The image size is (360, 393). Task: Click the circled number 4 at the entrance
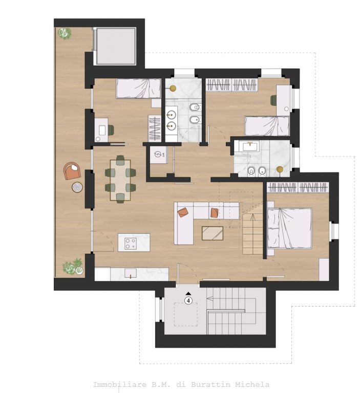click(x=188, y=300)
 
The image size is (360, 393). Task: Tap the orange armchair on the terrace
click(x=72, y=171)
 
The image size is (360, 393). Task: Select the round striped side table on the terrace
click(x=77, y=187)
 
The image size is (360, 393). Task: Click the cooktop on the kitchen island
click(x=131, y=244)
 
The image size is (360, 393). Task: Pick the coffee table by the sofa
click(x=213, y=233)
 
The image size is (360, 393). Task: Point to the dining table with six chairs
click(x=120, y=180)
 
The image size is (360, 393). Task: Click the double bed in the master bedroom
click(x=289, y=228)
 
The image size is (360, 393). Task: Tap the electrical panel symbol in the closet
click(x=158, y=154)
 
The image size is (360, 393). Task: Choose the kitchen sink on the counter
click(x=131, y=273)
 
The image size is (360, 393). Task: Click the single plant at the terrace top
click(x=65, y=33)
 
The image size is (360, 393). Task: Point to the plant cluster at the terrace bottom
click(x=73, y=266)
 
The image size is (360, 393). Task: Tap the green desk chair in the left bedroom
click(x=111, y=130)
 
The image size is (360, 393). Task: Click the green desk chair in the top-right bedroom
click(x=273, y=100)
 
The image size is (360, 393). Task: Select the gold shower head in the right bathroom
click(x=280, y=170)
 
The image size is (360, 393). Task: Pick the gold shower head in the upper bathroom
click(x=173, y=88)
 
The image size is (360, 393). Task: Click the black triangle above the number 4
click(x=188, y=293)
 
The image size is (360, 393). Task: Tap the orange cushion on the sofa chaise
click(x=183, y=212)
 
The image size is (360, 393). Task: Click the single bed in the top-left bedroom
click(x=138, y=88)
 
